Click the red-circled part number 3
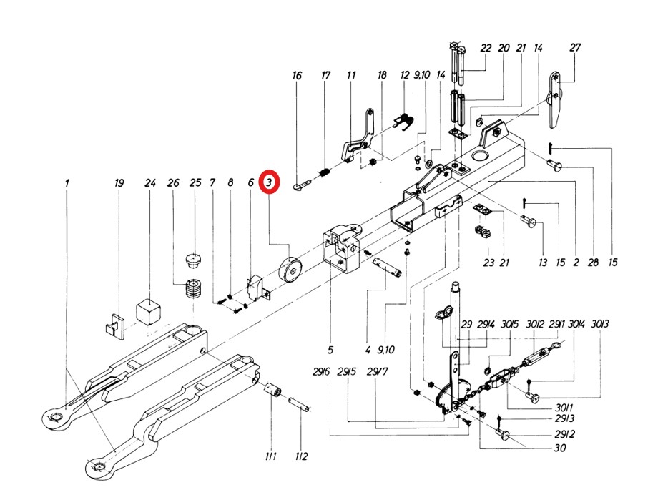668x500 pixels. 269,182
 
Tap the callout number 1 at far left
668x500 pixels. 67,183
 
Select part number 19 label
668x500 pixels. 119,183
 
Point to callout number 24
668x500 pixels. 149,183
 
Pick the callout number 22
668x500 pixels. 486,48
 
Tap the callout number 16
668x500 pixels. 298,76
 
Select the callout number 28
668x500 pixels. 592,263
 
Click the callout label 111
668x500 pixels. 271,456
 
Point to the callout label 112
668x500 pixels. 301,456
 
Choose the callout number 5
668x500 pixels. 330,350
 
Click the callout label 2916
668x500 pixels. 320,371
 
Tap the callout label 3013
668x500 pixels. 601,325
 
